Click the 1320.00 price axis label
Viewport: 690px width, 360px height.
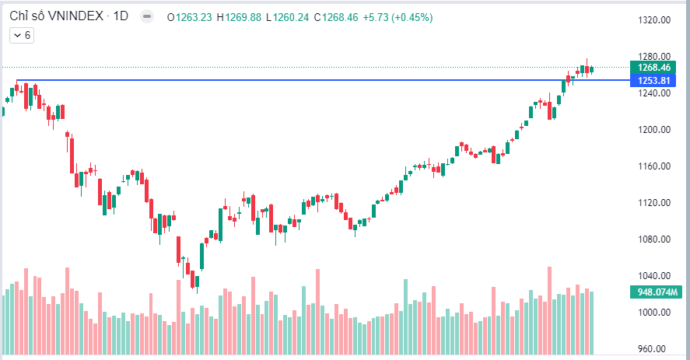pos(654,21)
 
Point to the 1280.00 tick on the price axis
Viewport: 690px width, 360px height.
pos(654,57)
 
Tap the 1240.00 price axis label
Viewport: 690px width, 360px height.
pos(654,93)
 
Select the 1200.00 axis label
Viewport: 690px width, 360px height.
pos(654,130)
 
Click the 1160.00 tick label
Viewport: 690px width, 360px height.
pos(654,166)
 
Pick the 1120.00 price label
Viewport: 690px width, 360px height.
pos(654,203)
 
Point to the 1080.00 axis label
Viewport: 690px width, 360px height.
pos(654,239)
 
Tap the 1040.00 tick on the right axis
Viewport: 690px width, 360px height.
pos(654,276)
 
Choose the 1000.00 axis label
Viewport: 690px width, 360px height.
pos(654,313)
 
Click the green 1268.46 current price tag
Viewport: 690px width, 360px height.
pos(654,68)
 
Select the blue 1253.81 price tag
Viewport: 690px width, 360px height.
pos(654,80)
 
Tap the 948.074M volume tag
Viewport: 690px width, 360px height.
pos(654,292)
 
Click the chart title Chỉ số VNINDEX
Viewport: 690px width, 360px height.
pos(54,16)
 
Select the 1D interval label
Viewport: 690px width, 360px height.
pos(121,16)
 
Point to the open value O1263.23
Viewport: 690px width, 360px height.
pos(194,16)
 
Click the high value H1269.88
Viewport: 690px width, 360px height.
pos(241,16)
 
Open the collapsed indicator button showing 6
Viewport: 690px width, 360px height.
pos(21,35)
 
